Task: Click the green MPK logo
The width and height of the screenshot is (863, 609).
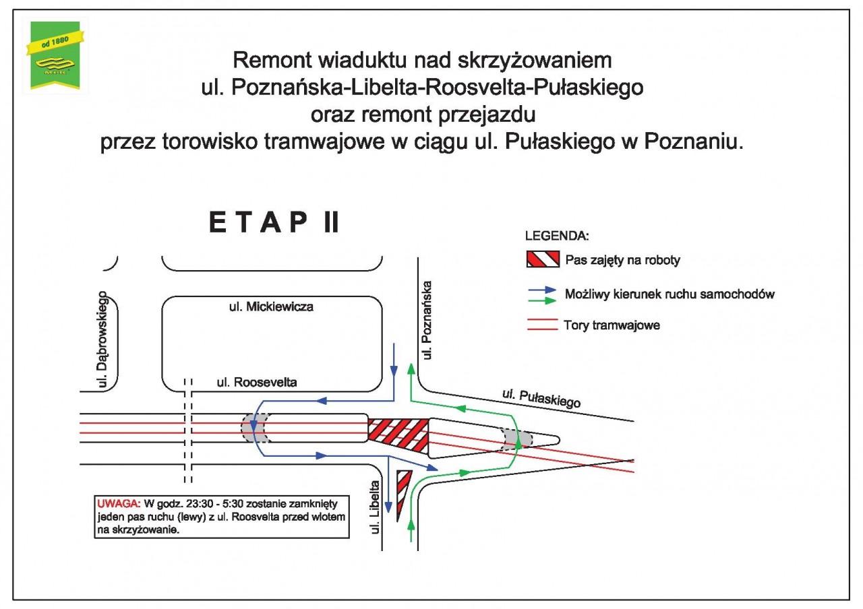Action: (x=55, y=55)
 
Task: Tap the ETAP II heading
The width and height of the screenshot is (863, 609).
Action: (x=274, y=222)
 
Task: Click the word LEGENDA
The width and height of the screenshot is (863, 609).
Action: (x=557, y=236)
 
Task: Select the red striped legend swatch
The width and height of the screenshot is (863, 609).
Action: (x=543, y=259)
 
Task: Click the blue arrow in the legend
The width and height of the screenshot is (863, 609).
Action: (x=543, y=290)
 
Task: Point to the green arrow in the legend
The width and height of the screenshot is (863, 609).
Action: (x=543, y=300)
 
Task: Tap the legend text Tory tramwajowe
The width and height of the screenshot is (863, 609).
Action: (x=612, y=325)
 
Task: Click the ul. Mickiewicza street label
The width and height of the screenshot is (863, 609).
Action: (x=271, y=307)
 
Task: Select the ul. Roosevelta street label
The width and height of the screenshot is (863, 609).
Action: (x=257, y=382)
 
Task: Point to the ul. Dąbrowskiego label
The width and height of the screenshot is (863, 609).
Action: (x=102, y=339)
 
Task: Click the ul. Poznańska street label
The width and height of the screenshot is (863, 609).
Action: (x=427, y=320)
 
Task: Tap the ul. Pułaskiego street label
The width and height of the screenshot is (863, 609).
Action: (x=541, y=398)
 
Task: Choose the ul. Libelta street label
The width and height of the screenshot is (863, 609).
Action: (x=374, y=507)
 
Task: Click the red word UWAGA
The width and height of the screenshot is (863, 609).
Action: (x=119, y=504)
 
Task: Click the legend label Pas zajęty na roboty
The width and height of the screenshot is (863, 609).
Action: (x=622, y=260)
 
